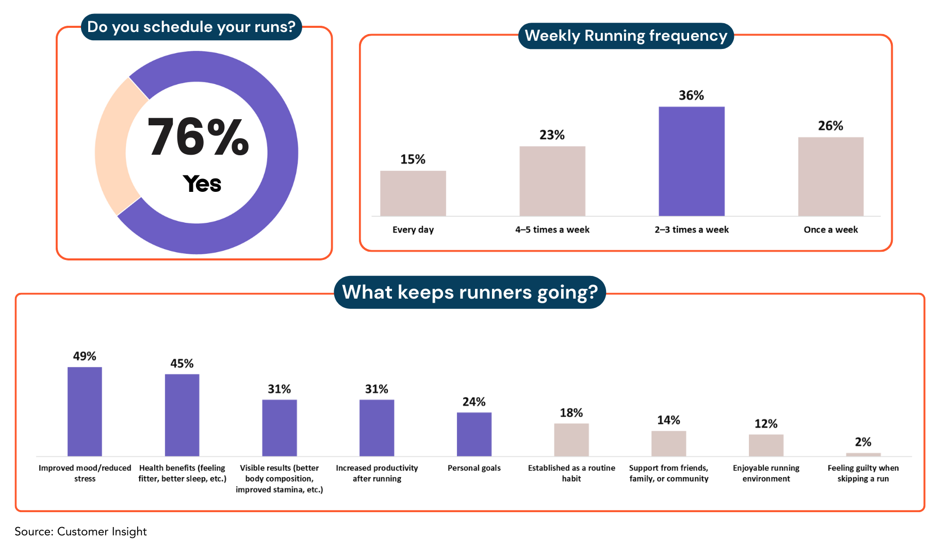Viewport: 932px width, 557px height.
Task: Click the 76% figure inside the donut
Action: pos(198,137)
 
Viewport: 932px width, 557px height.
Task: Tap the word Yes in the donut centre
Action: pos(202,184)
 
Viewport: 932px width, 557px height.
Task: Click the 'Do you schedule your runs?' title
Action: pos(191,27)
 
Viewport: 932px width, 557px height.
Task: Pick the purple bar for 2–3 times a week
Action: pos(691,161)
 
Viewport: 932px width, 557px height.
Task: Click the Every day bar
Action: pos(413,193)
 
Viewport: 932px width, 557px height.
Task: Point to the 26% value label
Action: pos(830,126)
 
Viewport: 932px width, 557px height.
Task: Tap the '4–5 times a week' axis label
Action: pos(552,230)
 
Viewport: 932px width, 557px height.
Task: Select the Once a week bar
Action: pos(830,176)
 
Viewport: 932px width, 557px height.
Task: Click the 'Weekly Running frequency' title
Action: pos(626,36)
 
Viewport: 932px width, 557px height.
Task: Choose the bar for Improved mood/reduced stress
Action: pos(85,412)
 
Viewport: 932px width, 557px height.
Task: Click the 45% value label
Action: pos(182,364)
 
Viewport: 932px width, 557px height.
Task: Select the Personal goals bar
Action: pos(474,434)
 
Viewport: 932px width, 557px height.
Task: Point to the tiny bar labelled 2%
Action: pos(863,454)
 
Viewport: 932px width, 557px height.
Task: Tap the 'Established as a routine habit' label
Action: pos(571,473)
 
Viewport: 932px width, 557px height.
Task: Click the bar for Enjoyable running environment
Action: pos(766,445)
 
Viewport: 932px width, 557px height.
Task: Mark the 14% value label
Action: pos(668,420)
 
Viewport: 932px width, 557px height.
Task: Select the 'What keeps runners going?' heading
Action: pos(470,292)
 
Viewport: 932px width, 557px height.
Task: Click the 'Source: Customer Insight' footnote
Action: pos(80,532)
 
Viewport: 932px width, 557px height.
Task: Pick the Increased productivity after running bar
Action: pos(377,428)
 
